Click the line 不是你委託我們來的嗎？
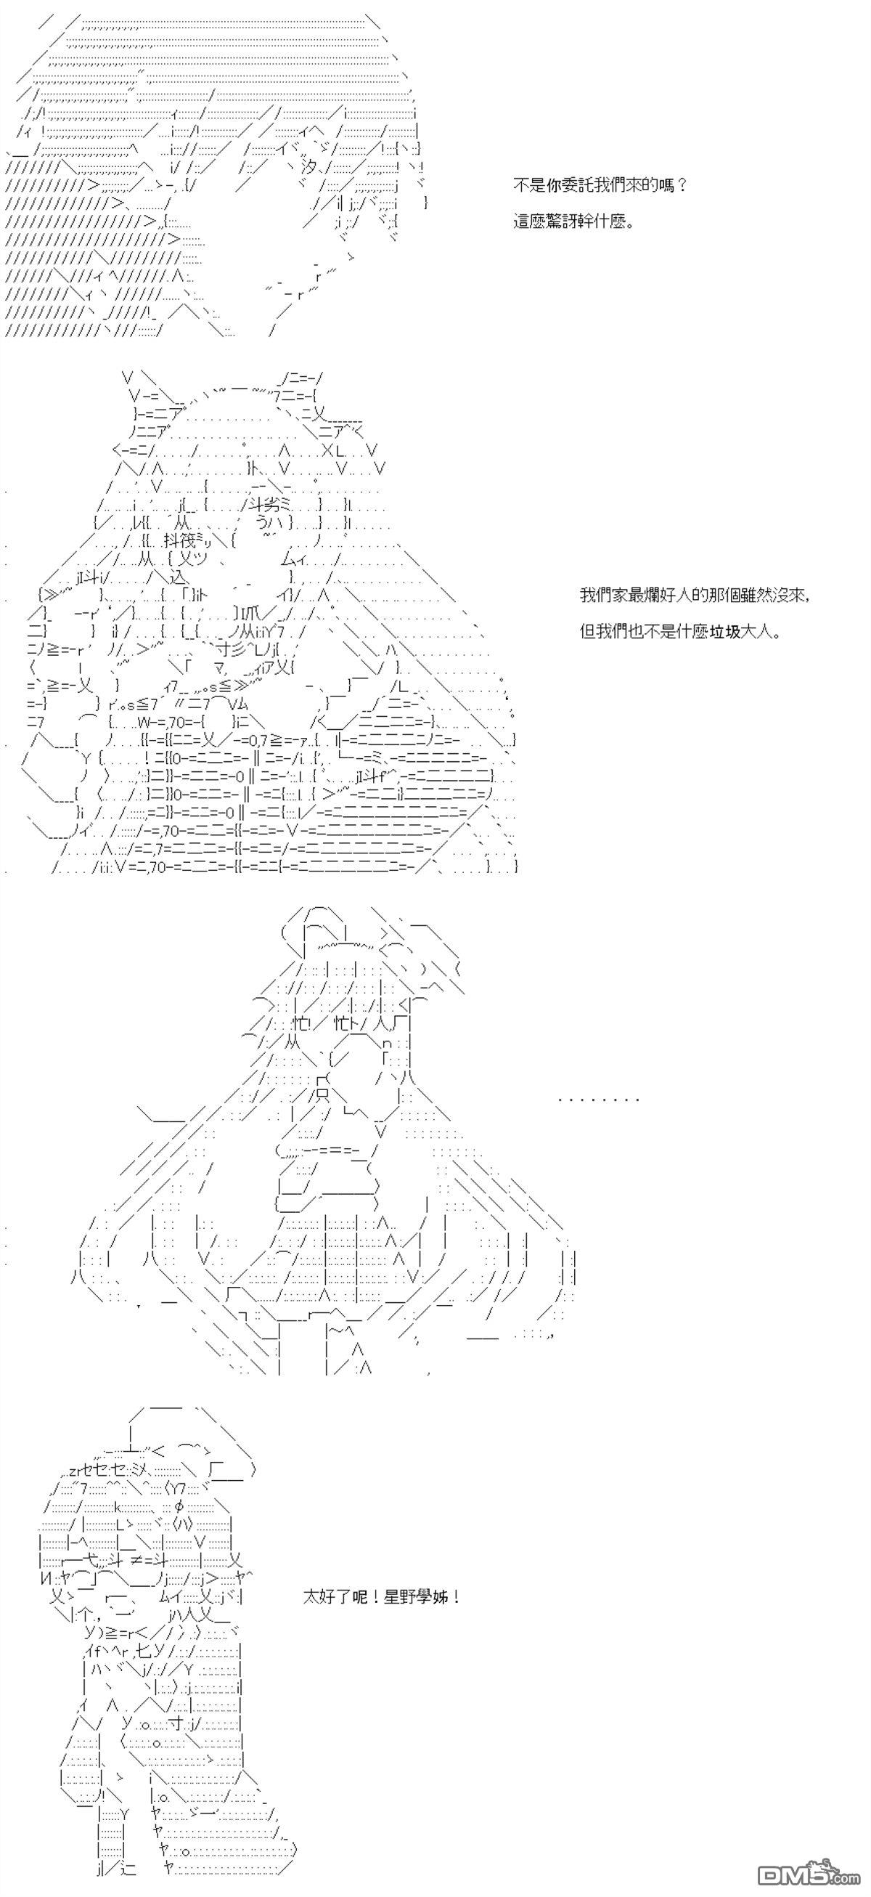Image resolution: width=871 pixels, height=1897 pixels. click(600, 186)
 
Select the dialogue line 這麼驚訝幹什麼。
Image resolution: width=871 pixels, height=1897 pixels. click(573, 221)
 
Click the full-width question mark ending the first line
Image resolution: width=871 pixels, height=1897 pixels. click(680, 186)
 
